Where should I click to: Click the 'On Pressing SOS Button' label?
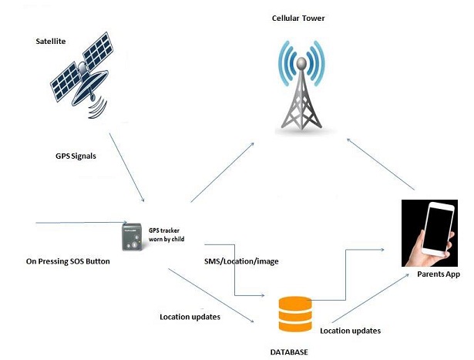coord(68,261)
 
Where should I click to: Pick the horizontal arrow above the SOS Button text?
coord(77,223)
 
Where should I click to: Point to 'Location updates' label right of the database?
coord(350,331)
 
